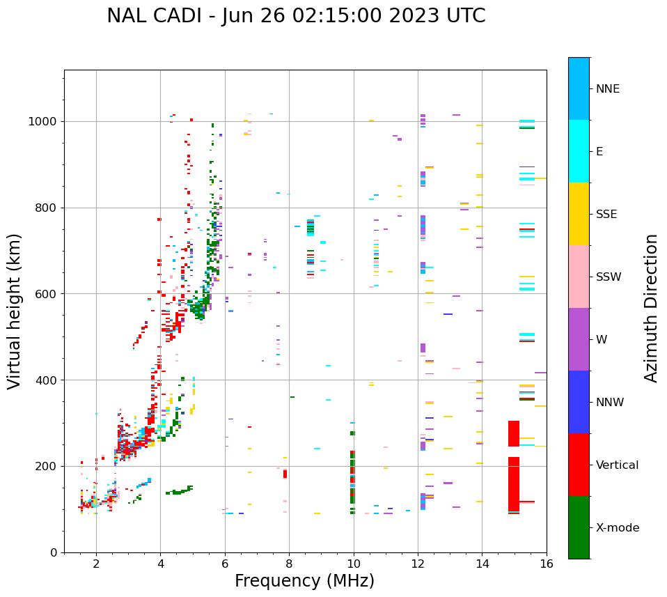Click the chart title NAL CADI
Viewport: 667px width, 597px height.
[x=296, y=16]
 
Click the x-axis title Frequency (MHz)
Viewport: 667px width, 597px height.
[x=304, y=581]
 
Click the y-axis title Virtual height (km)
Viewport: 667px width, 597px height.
[x=15, y=311]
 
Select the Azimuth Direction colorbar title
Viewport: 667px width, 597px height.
[x=651, y=308]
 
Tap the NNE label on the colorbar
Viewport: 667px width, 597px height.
[x=607, y=88]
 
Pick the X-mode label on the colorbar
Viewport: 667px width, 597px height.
[x=617, y=527]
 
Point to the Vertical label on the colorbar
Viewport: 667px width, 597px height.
[x=617, y=465]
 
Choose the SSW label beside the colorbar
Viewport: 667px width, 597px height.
[x=609, y=277]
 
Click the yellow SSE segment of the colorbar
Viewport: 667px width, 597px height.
[x=579, y=214]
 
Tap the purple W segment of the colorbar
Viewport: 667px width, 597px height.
[x=579, y=339]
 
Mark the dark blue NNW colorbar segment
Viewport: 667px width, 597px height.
[x=579, y=402]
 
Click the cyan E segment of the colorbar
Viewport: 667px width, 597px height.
[x=579, y=151]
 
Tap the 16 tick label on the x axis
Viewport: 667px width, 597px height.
[x=546, y=564]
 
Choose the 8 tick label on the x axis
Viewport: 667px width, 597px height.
[x=289, y=564]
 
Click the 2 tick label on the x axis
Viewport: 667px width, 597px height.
[x=96, y=564]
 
